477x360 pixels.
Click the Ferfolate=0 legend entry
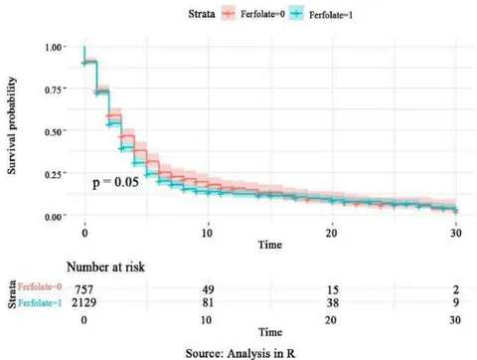(x=253, y=14)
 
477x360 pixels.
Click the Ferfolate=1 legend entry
(x=321, y=15)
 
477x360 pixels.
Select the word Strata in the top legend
(x=202, y=14)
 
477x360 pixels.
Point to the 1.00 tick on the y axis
(x=54, y=47)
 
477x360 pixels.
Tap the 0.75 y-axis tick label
(x=54, y=90)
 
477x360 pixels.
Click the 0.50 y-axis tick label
(x=54, y=132)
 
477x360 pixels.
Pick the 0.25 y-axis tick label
(x=54, y=174)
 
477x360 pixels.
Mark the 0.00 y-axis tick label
(x=54, y=217)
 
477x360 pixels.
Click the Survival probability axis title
(x=12, y=125)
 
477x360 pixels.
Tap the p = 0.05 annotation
(x=115, y=182)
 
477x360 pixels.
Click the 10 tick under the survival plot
(x=207, y=233)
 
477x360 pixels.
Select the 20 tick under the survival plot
(x=331, y=233)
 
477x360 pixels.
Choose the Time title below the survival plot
(x=270, y=245)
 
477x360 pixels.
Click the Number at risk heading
(x=105, y=267)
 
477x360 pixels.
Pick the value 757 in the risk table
(x=84, y=290)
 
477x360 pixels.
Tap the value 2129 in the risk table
(x=84, y=302)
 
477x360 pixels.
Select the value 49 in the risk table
(x=208, y=290)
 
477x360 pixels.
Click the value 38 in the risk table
(x=333, y=302)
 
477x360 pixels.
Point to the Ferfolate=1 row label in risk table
(x=40, y=302)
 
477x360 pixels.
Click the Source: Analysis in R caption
(x=240, y=353)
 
